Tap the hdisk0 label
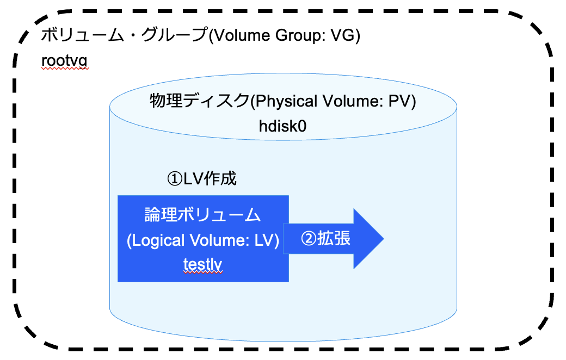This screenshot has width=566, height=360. pyautogui.click(x=283, y=126)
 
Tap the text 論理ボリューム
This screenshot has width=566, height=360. pyautogui.click(x=203, y=215)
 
